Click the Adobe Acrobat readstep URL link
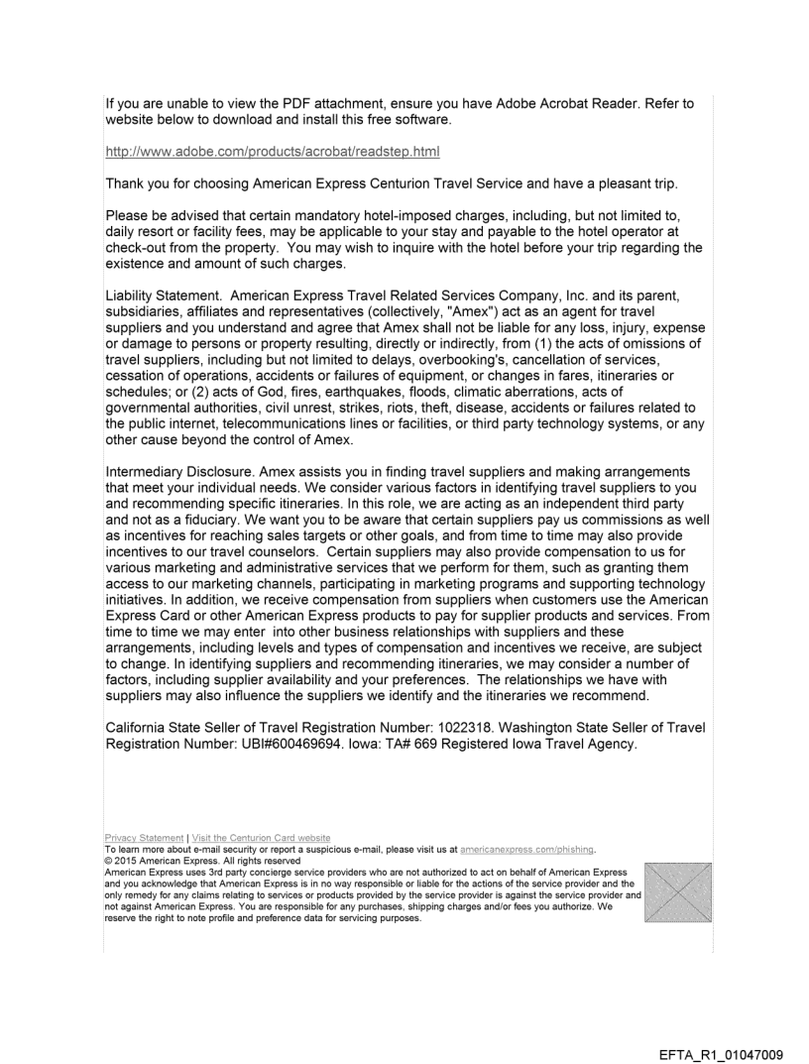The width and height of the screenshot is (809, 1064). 273,151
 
